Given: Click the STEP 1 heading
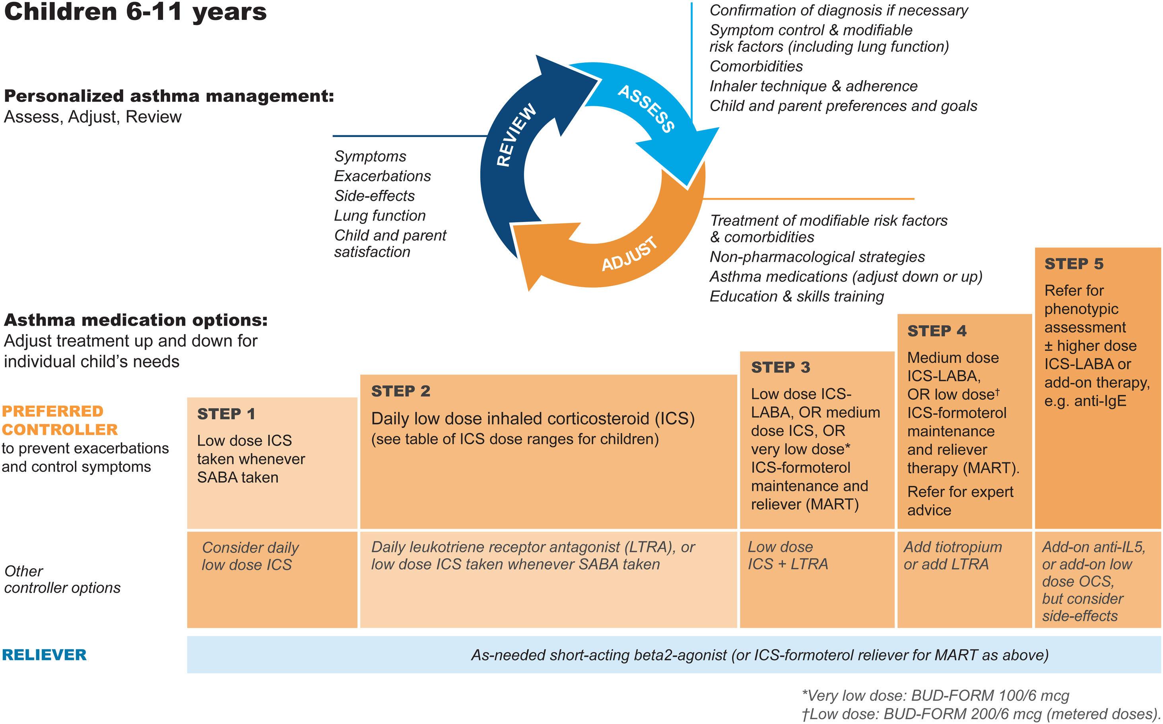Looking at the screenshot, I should [x=226, y=414].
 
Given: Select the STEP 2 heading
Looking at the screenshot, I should [x=401, y=391].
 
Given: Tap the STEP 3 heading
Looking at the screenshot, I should [x=781, y=367].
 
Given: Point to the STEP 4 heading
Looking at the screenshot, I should [x=936, y=331].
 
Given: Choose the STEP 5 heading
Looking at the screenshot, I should [x=1074, y=264].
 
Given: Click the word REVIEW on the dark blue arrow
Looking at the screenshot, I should [x=516, y=136].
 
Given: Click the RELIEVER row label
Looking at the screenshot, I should [x=45, y=654].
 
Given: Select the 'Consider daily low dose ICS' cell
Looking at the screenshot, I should [x=250, y=556].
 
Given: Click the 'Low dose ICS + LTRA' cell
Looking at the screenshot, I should [x=788, y=555].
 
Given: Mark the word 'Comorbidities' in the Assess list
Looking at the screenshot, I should [x=756, y=66].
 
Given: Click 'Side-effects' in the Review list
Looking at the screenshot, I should [x=374, y=196].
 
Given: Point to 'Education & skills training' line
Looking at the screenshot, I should [x=796, y=297].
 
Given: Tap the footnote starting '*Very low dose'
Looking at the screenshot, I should [x=935, y=695].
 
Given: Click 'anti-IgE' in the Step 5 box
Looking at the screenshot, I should [x=1097, y=401].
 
